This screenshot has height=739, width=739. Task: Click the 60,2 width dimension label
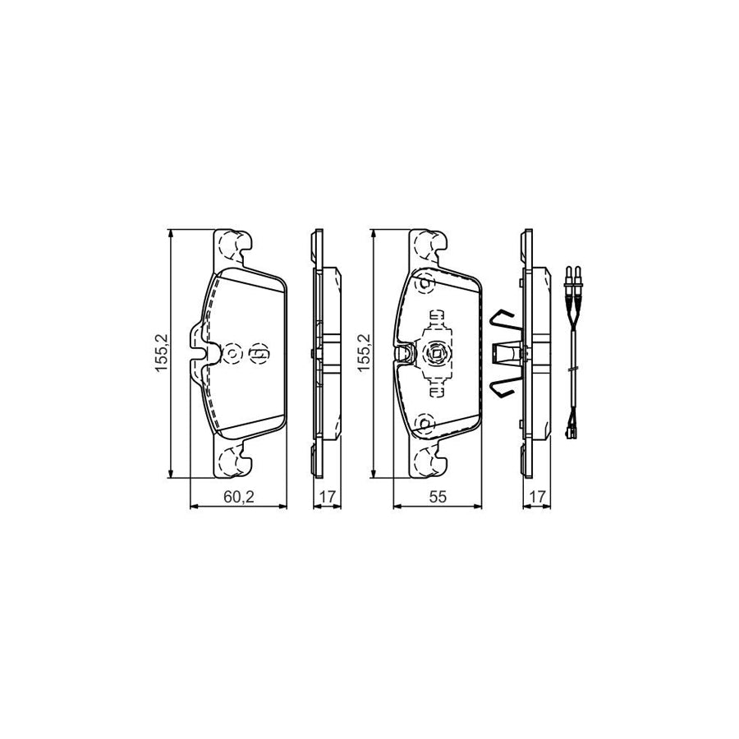(238, 496)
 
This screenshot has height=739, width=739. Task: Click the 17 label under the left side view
(327, 496)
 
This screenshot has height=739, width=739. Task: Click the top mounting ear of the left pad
(232, 244)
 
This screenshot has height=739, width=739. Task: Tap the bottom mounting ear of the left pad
(232, 461)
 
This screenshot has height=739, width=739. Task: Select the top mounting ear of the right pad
(429, 244)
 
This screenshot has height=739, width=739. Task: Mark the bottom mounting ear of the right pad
(429, 461)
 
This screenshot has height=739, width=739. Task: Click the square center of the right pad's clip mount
(434, 354)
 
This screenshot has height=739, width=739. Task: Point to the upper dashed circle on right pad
(425, 284)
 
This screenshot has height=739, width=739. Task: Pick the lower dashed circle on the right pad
(425, 424)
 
